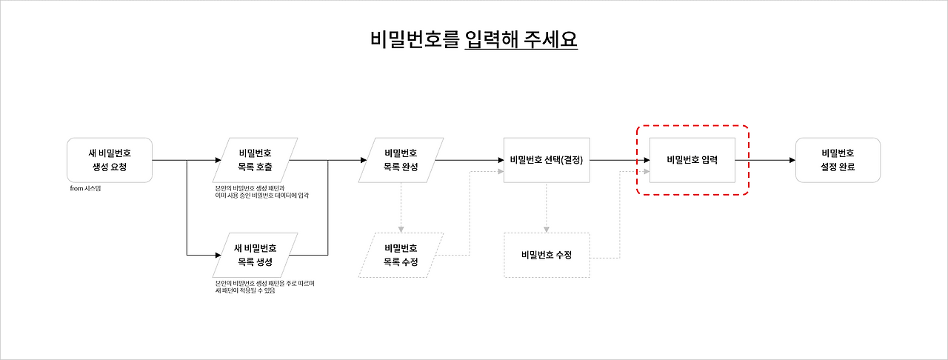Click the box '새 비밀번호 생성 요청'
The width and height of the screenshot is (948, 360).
(x=109, y=160)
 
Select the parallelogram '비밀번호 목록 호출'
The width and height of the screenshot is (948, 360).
(x=256, y=160)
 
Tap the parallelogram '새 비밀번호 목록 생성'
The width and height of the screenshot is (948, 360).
(x=256, y=255)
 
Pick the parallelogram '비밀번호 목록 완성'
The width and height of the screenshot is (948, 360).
(x=401, y=160)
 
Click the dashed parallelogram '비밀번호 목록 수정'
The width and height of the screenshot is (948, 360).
(x=401, y=255)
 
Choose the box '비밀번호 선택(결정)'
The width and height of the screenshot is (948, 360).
(x=547, y=160)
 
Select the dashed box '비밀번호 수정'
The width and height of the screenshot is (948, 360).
(x=547, y=255)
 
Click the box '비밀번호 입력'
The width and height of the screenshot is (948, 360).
(x=692, y=160)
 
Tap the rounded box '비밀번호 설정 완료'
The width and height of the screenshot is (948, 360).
(x=838, y=160)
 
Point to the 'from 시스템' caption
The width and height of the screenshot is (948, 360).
(x=85, y=189)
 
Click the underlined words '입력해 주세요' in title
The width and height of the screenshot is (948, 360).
(x=521, y=39)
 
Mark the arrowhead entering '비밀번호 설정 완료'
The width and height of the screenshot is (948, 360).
(x=792, y=160)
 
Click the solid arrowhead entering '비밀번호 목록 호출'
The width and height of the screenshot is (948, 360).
(x=217, y=160)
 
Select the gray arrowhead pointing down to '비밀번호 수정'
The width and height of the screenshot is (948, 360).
(x=547, y=229)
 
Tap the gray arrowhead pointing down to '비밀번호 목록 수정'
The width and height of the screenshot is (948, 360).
(x=401, y=229)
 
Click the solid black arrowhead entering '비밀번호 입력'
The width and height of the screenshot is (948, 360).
(x=646, y=160)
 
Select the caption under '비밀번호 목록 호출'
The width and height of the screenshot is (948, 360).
(x=261, y=192)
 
